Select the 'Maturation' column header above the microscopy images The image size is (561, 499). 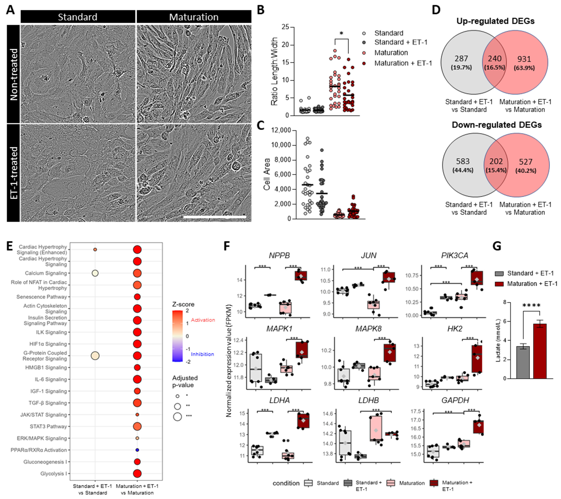(x=194, y=17)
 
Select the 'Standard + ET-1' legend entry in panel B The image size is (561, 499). (x=401, y=42)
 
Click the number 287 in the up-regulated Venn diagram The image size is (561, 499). (x=461, y=58)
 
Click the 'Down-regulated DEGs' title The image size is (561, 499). (x=497, y=125)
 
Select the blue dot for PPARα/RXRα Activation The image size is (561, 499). (x=137, y=450)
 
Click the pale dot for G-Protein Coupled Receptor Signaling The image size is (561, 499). (x=95, y=356)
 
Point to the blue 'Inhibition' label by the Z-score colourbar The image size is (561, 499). (x=202, y=354)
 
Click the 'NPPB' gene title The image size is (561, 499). (x=279, y=255)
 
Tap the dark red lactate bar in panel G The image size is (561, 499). (x=540, y=351)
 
